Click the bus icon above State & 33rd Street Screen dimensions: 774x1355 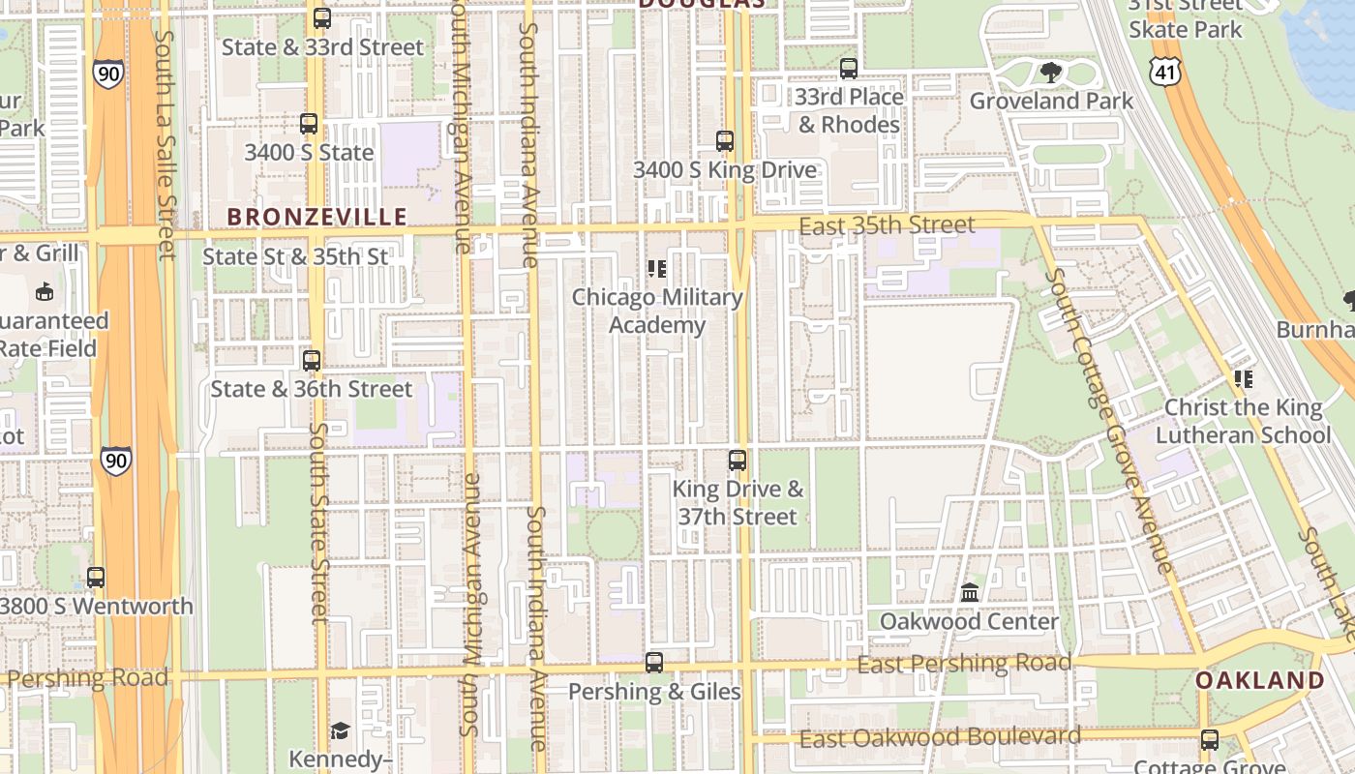322,17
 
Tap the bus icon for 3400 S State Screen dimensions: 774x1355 309,124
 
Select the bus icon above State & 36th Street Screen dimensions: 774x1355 312,361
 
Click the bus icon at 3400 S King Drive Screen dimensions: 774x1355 725,141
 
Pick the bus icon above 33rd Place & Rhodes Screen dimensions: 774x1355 849,69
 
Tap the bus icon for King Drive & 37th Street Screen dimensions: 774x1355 738,461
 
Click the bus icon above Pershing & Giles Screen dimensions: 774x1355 654,663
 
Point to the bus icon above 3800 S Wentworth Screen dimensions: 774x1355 96,578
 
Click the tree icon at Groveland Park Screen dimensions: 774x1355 1050,72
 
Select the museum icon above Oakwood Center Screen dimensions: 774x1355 970,592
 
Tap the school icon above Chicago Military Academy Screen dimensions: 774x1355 657,268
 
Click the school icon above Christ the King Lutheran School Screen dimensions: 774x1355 1243,379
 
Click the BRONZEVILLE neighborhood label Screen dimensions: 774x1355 316,216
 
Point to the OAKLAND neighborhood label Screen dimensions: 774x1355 1259,680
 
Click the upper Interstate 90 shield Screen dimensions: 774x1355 108,74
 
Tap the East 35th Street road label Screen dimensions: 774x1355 888,225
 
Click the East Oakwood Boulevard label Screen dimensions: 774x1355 939,737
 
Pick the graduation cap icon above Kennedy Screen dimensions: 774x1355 340,730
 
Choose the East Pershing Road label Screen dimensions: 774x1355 964,664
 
